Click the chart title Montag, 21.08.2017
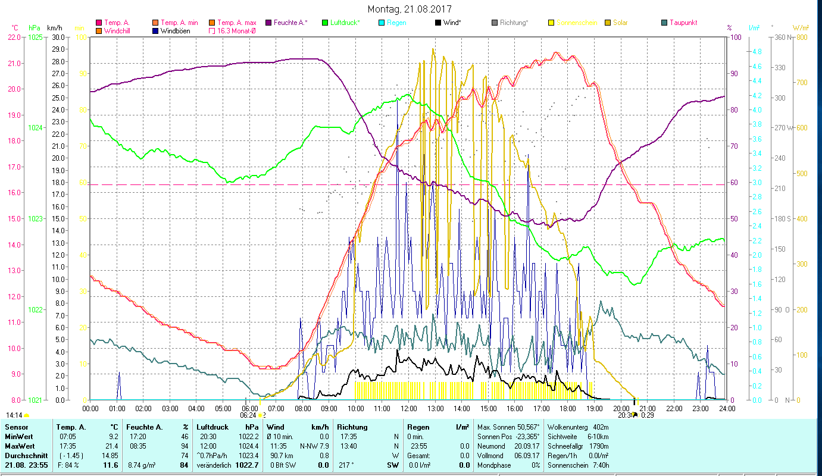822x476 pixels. [x=410, y=9]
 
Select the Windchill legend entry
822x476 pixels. [x=120, y=30]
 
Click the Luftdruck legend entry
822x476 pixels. [x=345, y=23]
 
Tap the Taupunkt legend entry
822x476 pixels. [x=683, y=23]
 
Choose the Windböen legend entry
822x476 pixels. [x=174, y=30]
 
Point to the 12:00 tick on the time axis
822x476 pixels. [x=409, y=408]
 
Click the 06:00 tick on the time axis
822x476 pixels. [x=249, y=408]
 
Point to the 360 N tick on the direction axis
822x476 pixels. [x=782, y=37]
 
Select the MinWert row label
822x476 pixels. [x=17, y=437]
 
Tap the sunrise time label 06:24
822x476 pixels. [x=249, y=415]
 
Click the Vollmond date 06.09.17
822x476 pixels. [x=526, y=455]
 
